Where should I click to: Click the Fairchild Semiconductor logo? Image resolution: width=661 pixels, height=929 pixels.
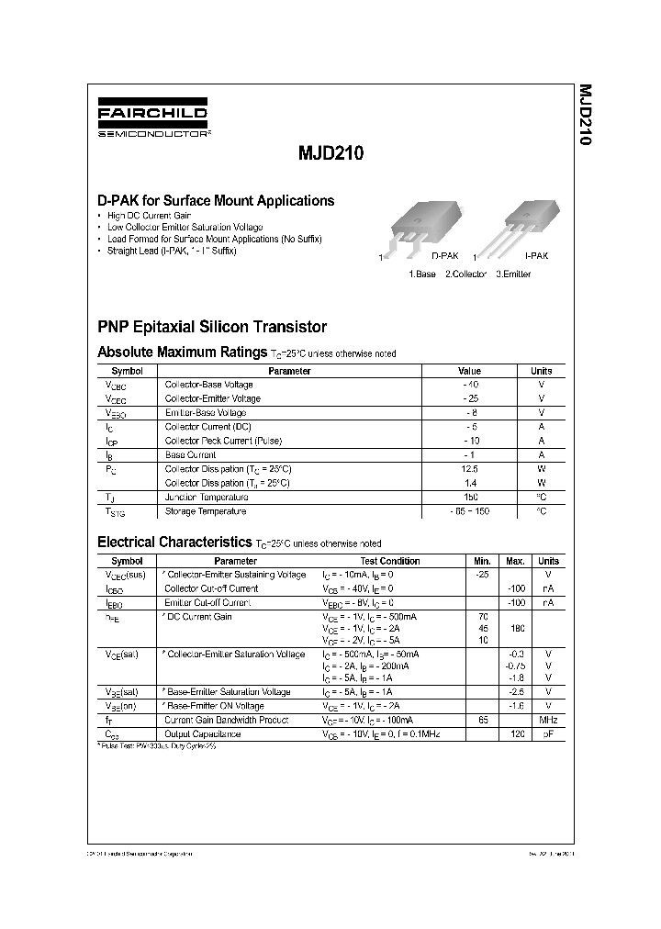153,120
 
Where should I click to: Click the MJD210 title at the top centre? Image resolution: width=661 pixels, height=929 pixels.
330,155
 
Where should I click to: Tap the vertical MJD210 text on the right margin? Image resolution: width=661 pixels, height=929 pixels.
585,116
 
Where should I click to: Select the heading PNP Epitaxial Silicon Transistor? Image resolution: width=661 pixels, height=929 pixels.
212,327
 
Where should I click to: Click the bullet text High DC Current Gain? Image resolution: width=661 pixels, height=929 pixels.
149,215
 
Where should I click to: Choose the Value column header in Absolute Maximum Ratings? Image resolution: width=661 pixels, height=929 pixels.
469,371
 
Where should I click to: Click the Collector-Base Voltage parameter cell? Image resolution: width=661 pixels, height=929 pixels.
208,385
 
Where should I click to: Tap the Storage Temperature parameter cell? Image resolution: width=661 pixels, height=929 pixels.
205,511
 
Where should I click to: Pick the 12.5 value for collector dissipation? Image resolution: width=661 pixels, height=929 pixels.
469,469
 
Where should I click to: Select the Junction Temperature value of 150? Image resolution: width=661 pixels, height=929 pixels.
469,497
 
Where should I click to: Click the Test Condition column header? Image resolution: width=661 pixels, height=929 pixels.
390,561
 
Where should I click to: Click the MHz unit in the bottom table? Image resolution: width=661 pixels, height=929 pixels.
548,721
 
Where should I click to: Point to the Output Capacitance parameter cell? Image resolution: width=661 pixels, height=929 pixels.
203,734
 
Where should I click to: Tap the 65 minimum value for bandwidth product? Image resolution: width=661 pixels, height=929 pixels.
482,721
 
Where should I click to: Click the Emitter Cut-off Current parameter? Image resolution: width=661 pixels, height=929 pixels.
207,602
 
